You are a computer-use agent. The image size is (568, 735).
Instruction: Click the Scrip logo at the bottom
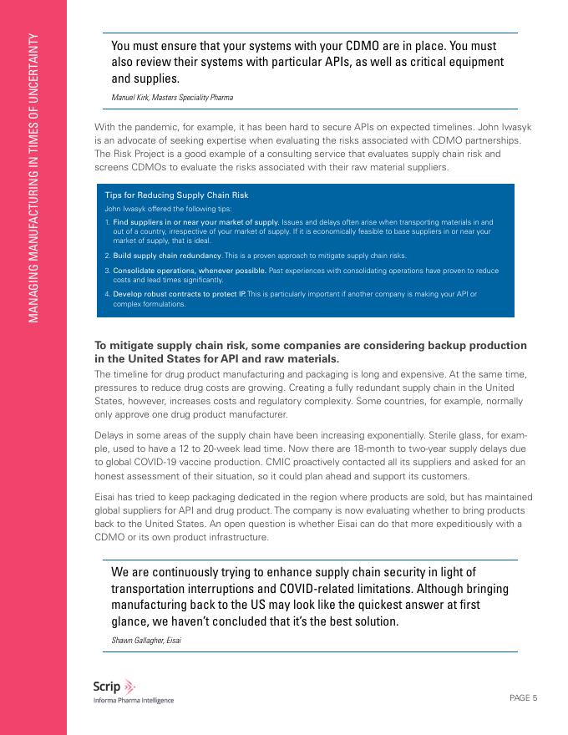[x=109, y=687]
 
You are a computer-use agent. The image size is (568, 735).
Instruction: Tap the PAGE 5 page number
[x=523, y=698]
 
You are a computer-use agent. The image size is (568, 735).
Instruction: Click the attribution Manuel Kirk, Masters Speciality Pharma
[x=172, y=98]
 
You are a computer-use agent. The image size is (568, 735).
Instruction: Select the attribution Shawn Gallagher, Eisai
[x=146, y=641]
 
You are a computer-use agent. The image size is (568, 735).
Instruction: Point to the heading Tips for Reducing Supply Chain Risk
[x=176, y=195]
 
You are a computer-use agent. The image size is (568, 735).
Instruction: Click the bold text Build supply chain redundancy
[x=167, y=255]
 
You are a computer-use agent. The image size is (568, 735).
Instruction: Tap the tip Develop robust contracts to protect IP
[x=179, y=294]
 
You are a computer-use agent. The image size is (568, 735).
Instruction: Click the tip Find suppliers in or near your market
[x=195, y=222]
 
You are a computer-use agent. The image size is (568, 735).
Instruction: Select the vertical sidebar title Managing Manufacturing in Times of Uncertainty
[x=33, y=178]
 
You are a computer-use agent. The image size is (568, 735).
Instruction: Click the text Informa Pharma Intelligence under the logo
[x=134, y=701]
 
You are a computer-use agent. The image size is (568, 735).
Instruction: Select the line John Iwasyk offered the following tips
[x=168, y=208]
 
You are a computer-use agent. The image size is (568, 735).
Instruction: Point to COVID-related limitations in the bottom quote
[x=348, y=588]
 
